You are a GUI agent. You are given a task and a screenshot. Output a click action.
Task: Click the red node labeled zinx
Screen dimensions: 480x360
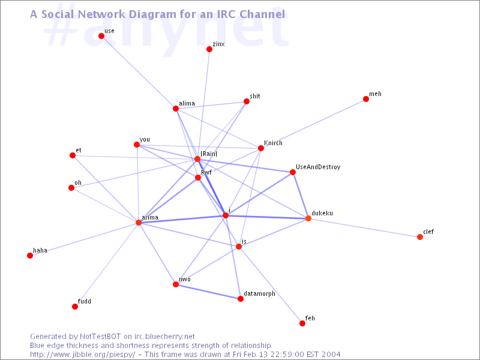(x=209, y=49)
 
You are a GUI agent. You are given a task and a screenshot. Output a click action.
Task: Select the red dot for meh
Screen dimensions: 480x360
(x=366, y=99)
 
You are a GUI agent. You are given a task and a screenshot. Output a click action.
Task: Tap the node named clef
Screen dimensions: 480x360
(x=420, y=237)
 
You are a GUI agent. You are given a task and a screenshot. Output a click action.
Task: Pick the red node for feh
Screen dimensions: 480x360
(x=302, y=323)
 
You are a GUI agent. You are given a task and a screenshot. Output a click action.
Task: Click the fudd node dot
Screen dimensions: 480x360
(x=75, y=307)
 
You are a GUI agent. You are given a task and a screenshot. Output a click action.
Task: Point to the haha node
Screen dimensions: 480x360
(x=30, y=256)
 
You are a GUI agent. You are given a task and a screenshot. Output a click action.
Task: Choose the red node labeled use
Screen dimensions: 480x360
(x=101, y=36)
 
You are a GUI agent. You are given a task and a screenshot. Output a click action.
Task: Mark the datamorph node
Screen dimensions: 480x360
(x=241, y=299)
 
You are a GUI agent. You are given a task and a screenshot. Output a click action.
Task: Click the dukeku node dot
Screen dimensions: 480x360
(x=308, y=218)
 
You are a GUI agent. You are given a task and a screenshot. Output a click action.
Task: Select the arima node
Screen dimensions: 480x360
(x=139, y=223)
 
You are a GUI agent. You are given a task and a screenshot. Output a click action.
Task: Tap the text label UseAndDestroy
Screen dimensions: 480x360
(x=318, y=167)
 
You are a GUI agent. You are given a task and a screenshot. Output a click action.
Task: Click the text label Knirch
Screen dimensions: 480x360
(x=273, y=143)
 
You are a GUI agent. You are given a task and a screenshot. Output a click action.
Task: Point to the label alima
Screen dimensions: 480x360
(x=187, y=103)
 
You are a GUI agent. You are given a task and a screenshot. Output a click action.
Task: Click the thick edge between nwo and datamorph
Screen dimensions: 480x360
(x=208, y=292)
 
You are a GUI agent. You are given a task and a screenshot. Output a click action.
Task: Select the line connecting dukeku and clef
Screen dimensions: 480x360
(x=364, y=228)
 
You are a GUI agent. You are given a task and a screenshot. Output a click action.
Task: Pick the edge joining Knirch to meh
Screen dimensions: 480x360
(x=313, y=124)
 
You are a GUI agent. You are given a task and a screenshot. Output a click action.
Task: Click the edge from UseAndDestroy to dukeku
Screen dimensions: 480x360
(x=301, y=196)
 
